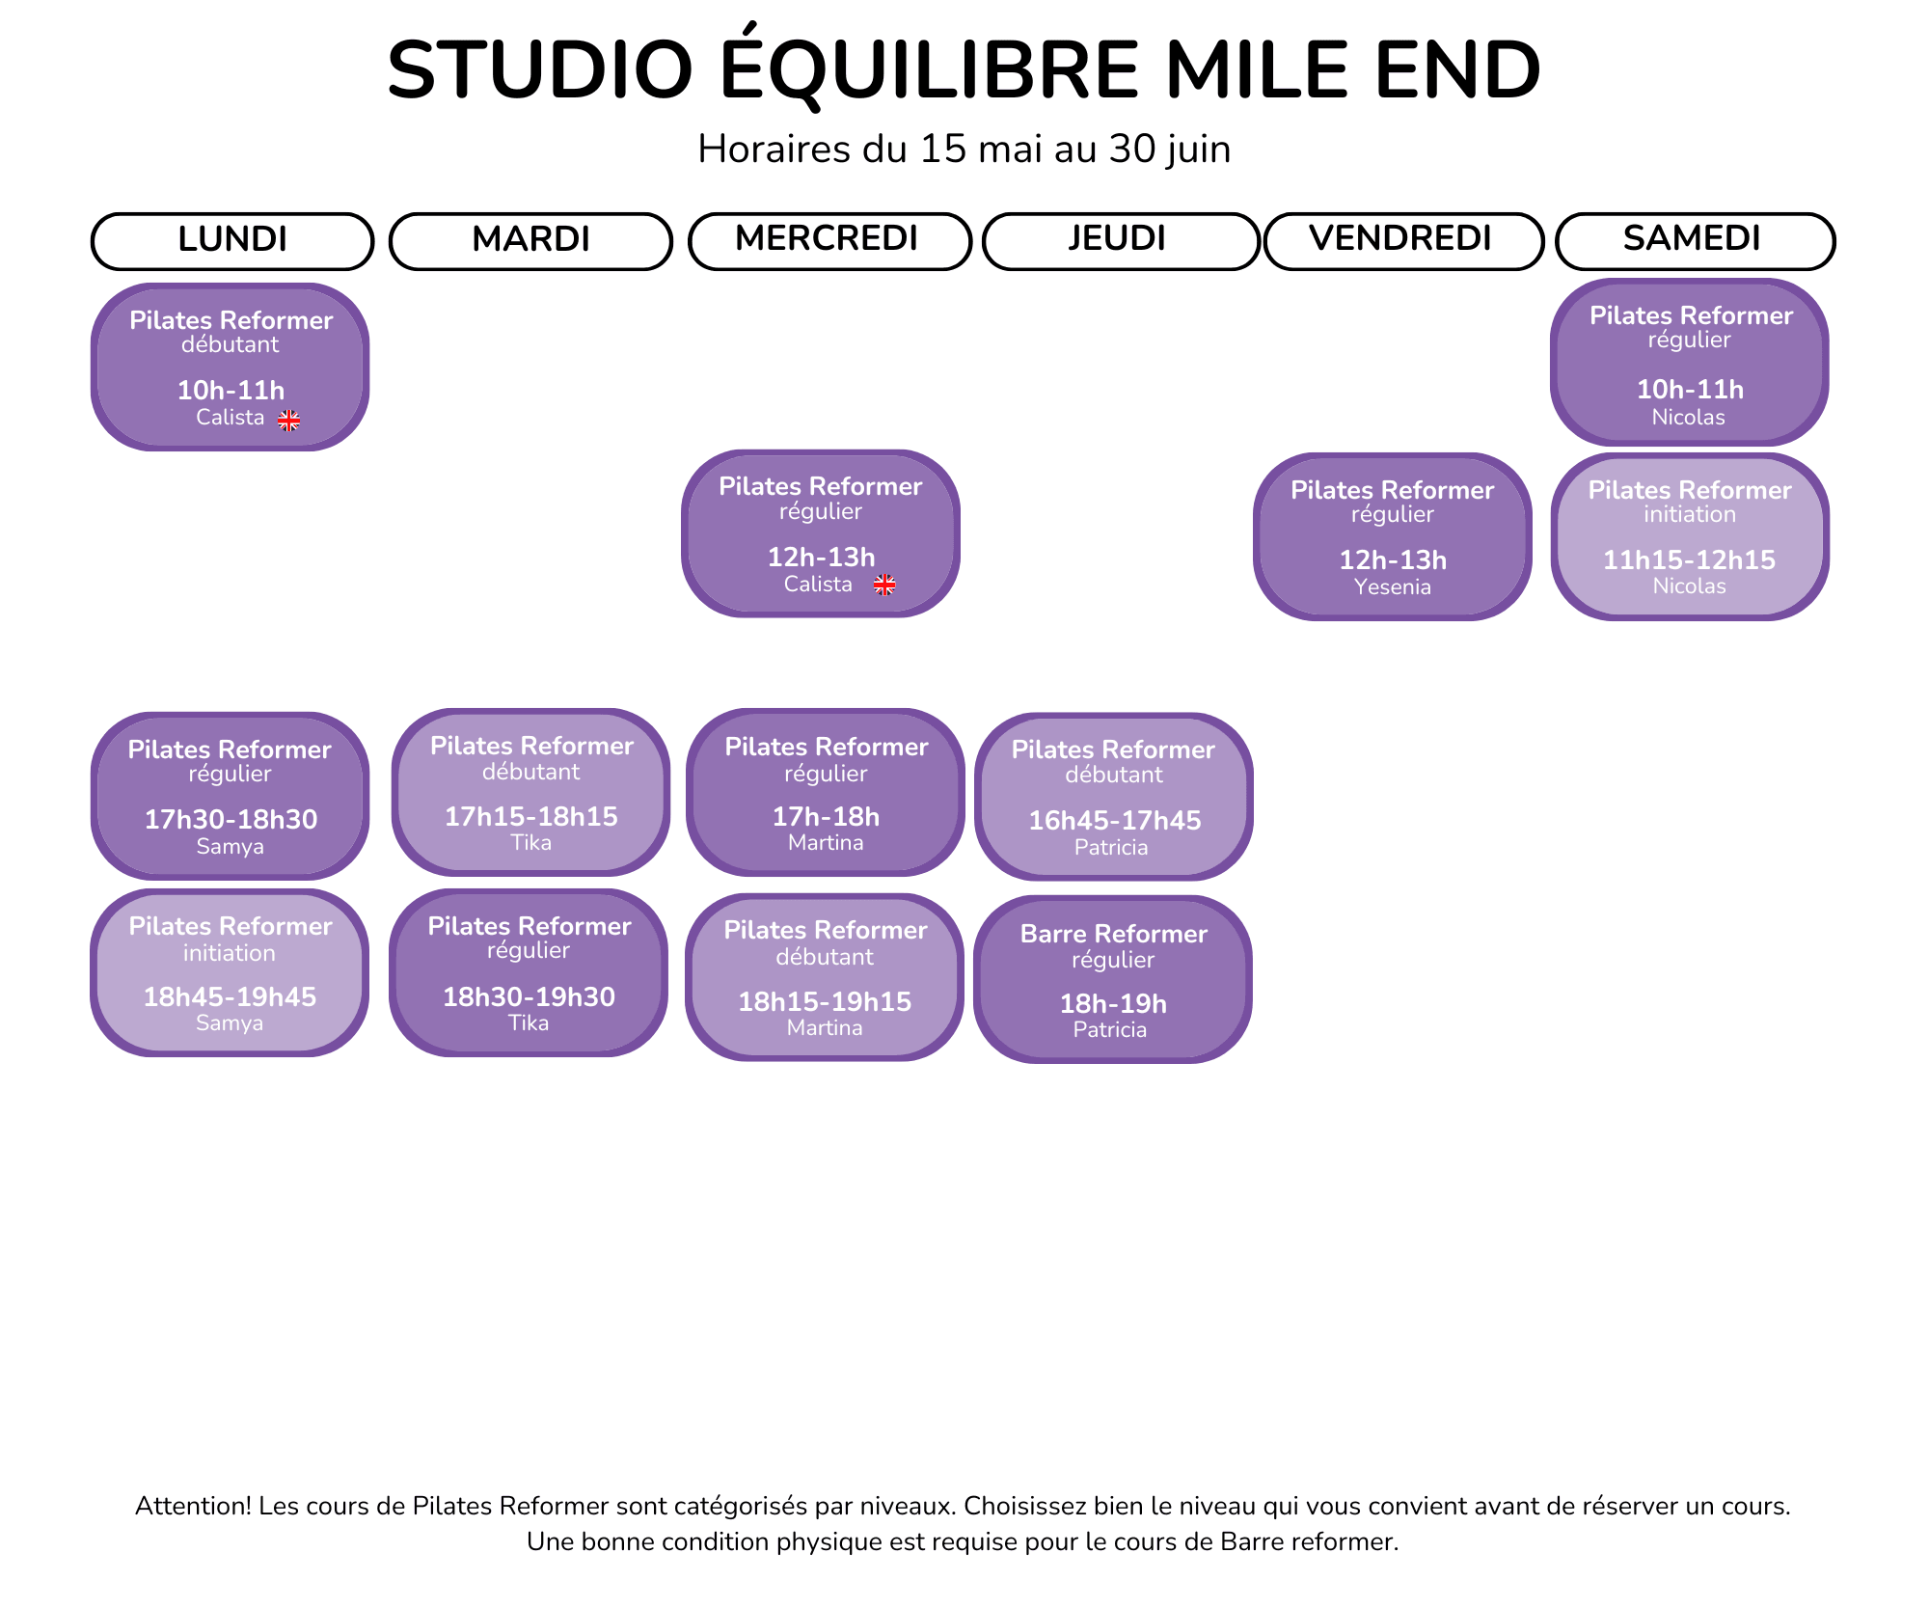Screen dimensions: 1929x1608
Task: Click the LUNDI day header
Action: click(x=232, y=241)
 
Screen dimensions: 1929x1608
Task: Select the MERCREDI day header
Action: click(x=829, y=241)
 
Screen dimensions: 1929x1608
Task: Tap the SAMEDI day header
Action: click(x=1695, y=241)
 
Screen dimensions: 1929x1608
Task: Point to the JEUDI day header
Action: click(x=1121, y=241)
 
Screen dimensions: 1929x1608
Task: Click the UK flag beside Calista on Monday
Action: click(x=289, y=421)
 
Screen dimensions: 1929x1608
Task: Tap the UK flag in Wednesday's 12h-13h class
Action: click(x=884, y=585)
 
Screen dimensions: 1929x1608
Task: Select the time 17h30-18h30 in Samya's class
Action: click(x=231, y=819)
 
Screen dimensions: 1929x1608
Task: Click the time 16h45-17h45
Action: click(x=1114, y=820)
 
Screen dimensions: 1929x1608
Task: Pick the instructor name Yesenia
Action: click(x=1392, y=586)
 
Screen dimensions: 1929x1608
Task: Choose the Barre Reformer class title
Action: click(x=1113, y=934)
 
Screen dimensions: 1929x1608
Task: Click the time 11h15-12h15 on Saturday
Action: click(x=1689, y=559)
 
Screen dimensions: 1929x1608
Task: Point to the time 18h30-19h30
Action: click(x=529, y=996)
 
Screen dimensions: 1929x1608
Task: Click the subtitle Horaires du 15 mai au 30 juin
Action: click(x=964, y=150)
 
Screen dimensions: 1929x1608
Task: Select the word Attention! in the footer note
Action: click(x=193, y=1506)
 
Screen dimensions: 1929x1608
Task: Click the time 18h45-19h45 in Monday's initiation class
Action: click(x=230, y=996)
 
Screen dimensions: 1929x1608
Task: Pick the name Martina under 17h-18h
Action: click(x=826, y=842)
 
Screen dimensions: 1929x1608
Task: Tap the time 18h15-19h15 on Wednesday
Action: click(x=825, y=1001)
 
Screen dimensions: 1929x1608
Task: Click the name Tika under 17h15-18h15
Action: click(x=530, y=842)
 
